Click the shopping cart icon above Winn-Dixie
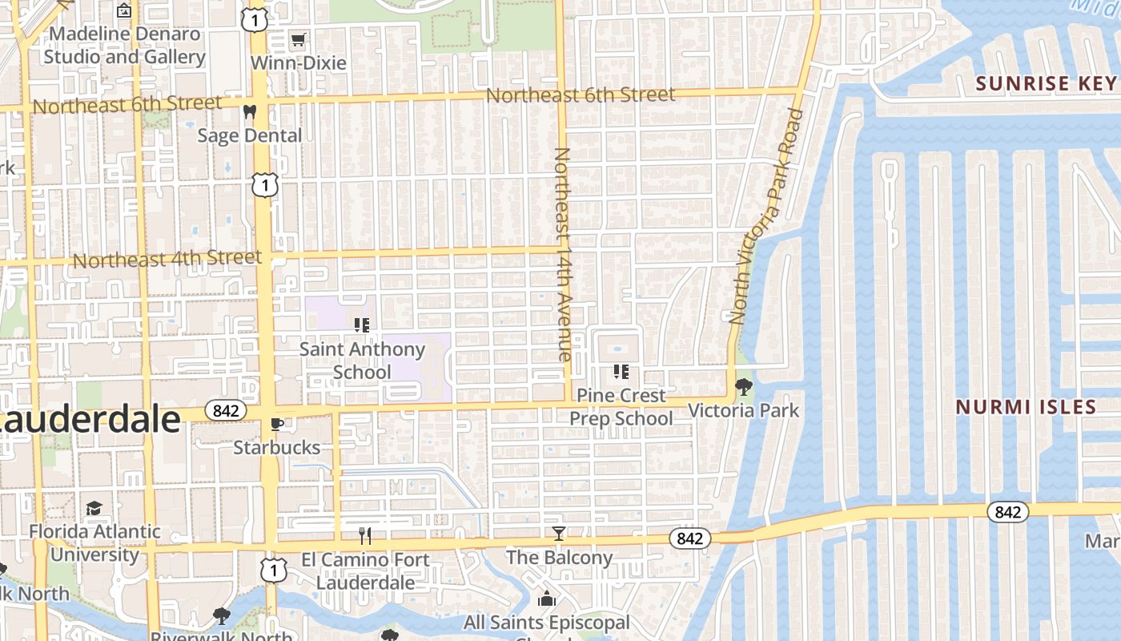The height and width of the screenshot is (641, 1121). [x=298, y=39]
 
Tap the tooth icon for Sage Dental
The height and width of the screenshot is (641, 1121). [x=249, y=111]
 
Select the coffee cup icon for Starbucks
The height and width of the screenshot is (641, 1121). [x=276, y=424]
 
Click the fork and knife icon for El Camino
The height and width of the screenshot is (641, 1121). [x=365, y=535]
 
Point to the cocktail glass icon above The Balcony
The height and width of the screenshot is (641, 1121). [x=559, y=533]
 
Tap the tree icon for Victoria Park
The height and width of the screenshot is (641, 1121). [x=744, y=387]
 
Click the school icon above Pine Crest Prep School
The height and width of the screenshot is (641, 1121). [x=621, y=371]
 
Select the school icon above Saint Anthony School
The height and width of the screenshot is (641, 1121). [x=361, y=325]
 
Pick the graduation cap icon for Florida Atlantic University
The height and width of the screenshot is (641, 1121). [x=94, y=508]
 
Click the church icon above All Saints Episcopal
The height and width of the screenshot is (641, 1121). [x=547, y=598]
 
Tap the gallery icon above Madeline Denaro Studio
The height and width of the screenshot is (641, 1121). [x=124, y=10]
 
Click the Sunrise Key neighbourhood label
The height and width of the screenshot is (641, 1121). [x=1046, y=83]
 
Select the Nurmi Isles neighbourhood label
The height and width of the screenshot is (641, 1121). [x=1026, y=407]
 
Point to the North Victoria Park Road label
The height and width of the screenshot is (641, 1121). [x=766, y=216]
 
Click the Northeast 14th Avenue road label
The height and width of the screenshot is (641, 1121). [x=563, y=253]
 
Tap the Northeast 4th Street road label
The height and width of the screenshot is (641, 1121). [x=167, y=260]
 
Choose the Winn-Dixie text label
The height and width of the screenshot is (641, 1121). [x=299, y=62]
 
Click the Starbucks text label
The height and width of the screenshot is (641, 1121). [x=277, y=447]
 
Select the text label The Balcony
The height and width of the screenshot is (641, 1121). [x=559, y=557]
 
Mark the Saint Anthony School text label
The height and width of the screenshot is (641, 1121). [x=362, y=361]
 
